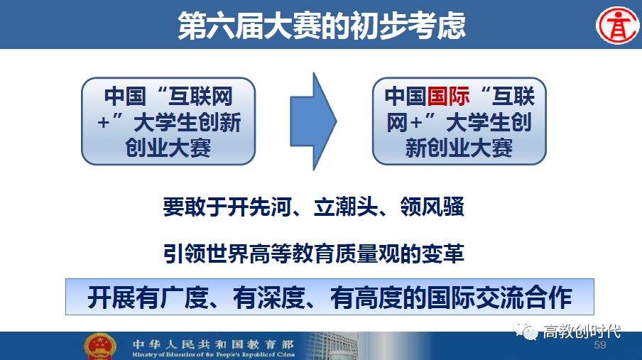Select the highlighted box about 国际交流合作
click(x=330, y=298)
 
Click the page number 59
click(x=599, y=345)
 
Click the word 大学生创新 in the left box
click(x=187, y=122)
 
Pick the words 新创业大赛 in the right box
click(x=459, y=147)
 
